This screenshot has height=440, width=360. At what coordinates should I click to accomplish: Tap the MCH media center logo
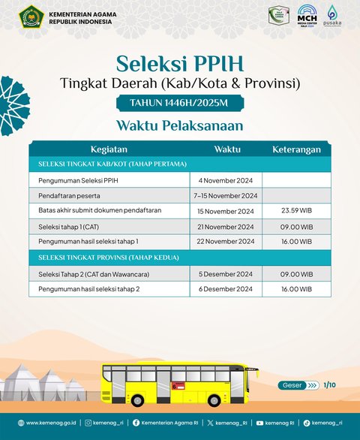(x=307, y=15)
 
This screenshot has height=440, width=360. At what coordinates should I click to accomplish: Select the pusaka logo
(x=332, y=16)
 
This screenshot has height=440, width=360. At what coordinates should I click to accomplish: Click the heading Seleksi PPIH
(x=180, y=61)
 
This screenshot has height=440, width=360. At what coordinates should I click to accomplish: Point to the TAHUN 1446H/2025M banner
(x=180, y=103)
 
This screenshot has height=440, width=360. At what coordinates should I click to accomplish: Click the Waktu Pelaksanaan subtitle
(x=180, y=125)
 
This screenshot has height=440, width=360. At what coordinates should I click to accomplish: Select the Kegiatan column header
(x=109, y=149)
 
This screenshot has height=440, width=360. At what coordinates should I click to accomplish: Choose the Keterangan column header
(x=296, y=149)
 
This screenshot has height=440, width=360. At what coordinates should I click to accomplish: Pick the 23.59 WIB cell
(x=296, y=211)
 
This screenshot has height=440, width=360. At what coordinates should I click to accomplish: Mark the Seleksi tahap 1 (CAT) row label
(x=68, y=227)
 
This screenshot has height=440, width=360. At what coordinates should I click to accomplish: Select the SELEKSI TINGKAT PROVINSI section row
(x=180, y=258)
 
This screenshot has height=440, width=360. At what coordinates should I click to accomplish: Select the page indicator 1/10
(x=329, y=385)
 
